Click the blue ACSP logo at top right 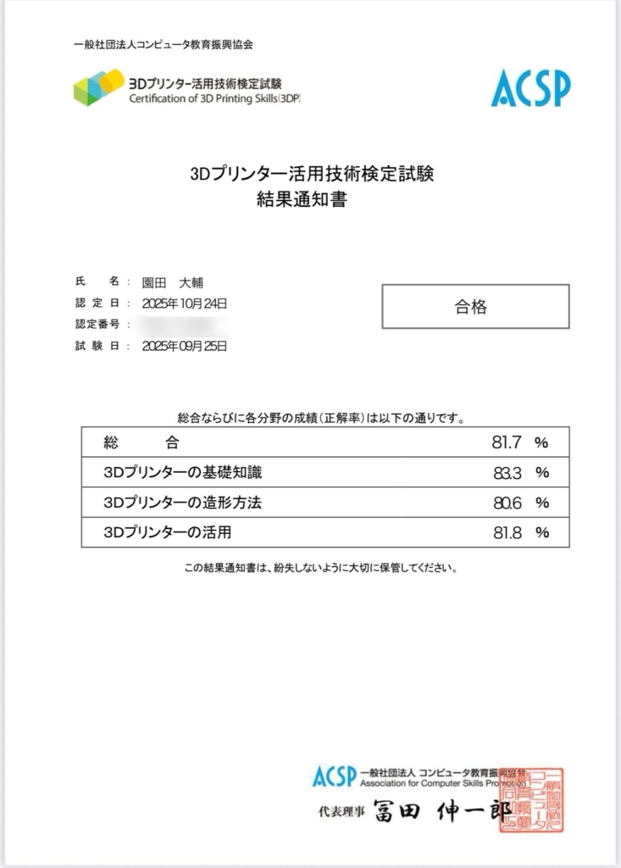(x=530, y=88)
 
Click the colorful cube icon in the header (x=98, y=87)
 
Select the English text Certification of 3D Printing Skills (x=214, y=98)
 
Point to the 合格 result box (x=475, y=307)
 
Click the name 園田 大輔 (x=173, y=282)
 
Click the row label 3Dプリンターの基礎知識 (x=188, y=472)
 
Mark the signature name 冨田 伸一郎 (x=441, y=812)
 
